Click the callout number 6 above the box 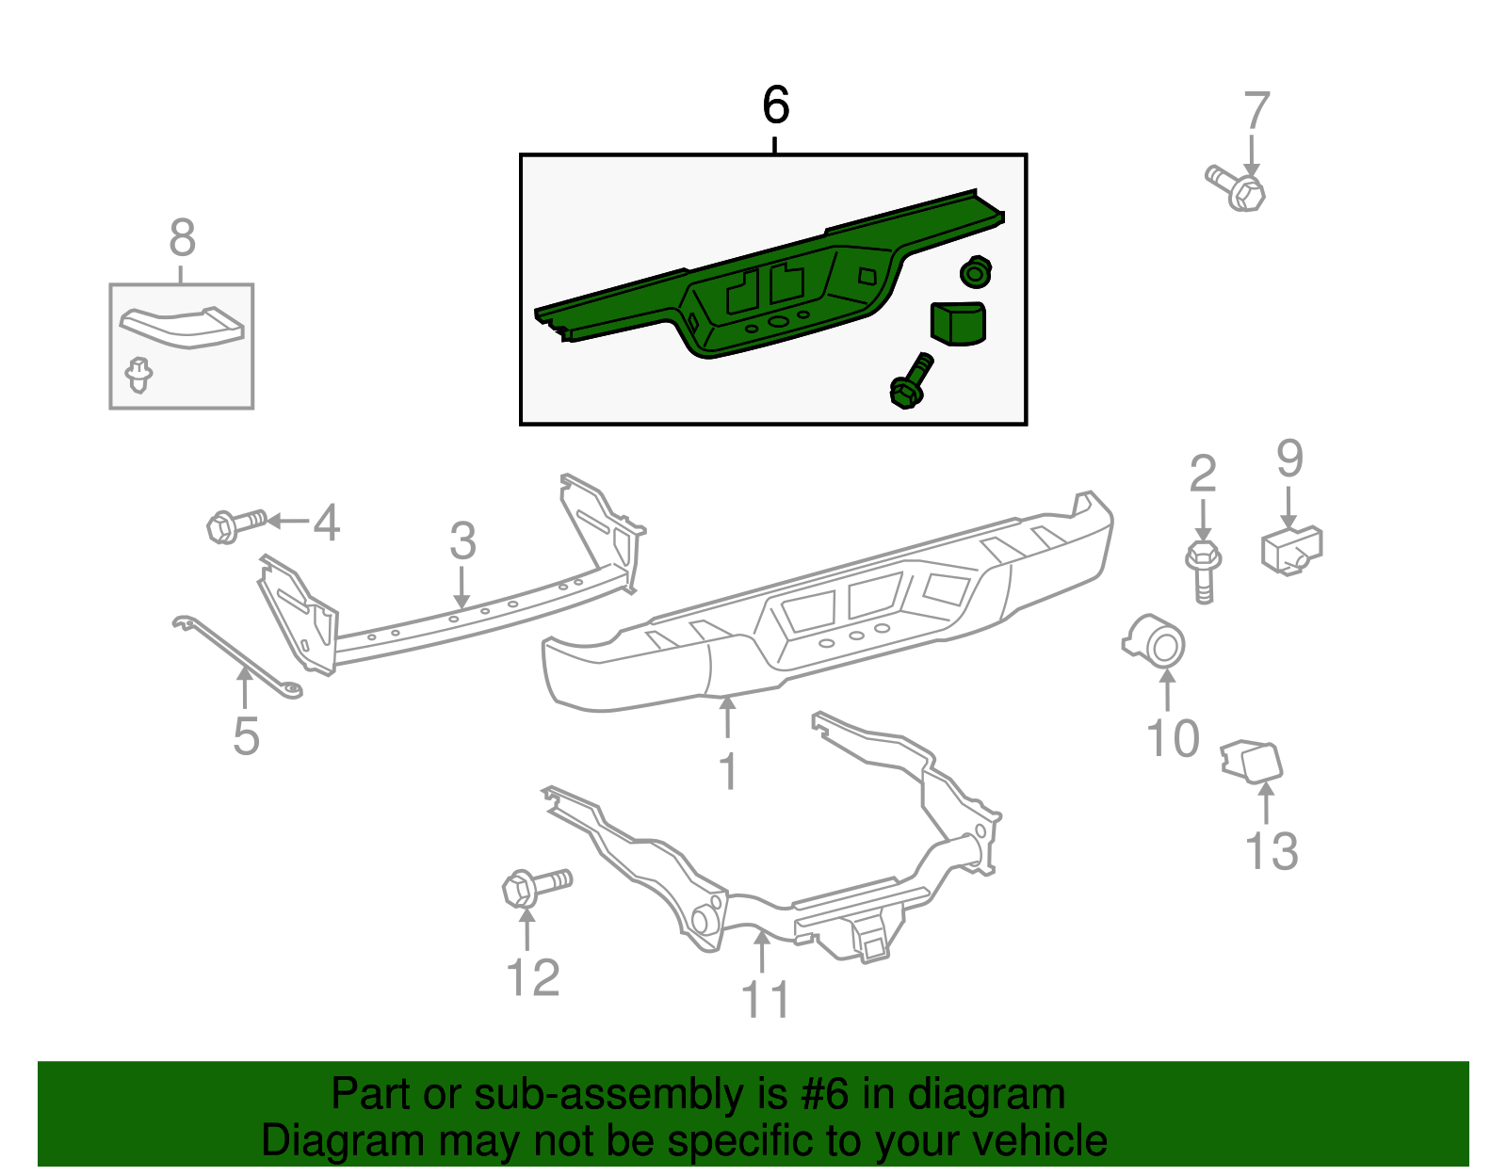pos(775,105)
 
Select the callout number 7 pos(1256,111)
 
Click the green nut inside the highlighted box pos(976,272)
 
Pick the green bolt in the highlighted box pos(911,381)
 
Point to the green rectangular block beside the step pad pos(958,322)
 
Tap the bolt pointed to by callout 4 pos(235,524)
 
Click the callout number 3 pos(462,541)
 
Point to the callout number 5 pos(246,735)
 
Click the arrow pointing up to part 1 pos(727,717)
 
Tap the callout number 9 pos(1289,459)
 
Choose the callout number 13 pos(1271,851)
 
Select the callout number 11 pos(765,999)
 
